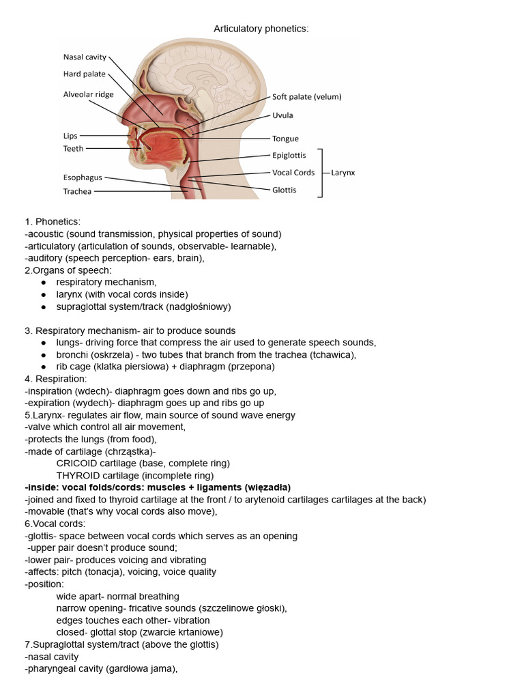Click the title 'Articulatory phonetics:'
pyautogui.click(x=261, y=29)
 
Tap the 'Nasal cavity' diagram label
pyautogui.click(x=85, y=57)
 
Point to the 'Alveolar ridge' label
pyautogui.click(x=89, y=94)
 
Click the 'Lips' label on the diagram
pyautogui.click(x=71, y=136)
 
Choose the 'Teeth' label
pyautogui.click(x=74, y=148)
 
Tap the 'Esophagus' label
pyautogui.click(x=83, y=177)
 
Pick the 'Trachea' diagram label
pyautogui.click(x=77, y=191)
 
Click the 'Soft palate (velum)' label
pyautogui.click(x=306, y=97)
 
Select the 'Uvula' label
pyautogui.click(x=283, y=115)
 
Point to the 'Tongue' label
pyautogui.click(x=285, y=139)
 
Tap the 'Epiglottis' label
pyautogui.click(x=289, y=156)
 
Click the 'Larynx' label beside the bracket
pyautogui.click(x=343, y=173)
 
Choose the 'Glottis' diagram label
pyautogui.click(x=284, y=190)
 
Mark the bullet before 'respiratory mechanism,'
pyautogui.click(x=44, y=282)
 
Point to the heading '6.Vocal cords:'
pyautogui.click(x=55, y=524)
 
